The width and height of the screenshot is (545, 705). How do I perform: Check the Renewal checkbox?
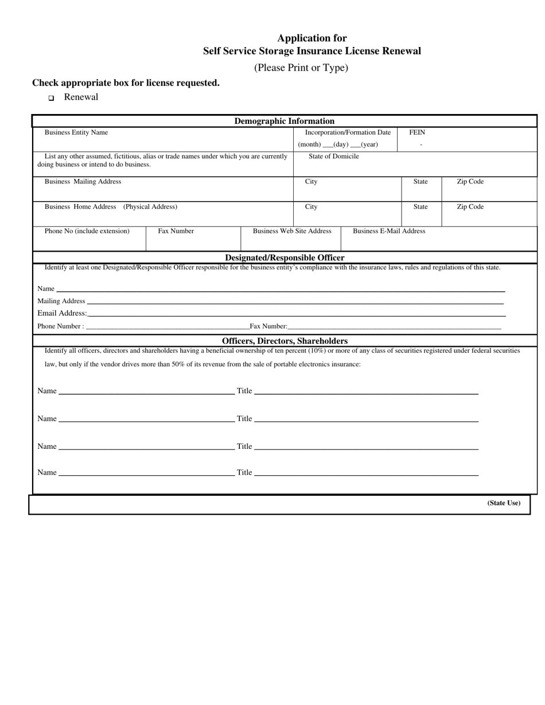[x=51, y=98]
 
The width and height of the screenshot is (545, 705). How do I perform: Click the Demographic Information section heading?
[x=284, y=121]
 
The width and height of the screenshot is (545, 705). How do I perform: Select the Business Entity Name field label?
[x=76, y=132]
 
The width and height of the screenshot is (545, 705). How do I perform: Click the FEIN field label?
[x=417, y=132]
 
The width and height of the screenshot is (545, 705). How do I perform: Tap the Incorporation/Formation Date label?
[x=347, y=132]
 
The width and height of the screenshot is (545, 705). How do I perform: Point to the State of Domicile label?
[x=333, y=156]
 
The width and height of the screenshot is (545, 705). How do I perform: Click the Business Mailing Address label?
[x=83, y=182]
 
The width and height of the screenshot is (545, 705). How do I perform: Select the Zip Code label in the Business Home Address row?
[x=470, y=207]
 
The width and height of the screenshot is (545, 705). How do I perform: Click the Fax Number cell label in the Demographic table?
[x=176, y=231]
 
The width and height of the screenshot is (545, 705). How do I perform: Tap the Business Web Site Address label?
[x=292, y=231]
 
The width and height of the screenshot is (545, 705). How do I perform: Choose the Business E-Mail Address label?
[x=389, y=231]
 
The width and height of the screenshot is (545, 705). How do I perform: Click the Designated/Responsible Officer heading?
[x=285, y=257]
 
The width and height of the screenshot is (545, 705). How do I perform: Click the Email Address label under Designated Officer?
[x=62, y=313]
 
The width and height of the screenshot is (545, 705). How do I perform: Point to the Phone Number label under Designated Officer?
[x=60, y=326]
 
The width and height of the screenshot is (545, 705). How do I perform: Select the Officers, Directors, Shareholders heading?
[x=285, y=340]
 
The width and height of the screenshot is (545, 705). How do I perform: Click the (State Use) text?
[x=504, y=503]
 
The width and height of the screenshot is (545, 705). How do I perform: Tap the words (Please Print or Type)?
[x=301, y=68]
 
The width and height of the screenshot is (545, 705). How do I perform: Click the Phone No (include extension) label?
[x=87, y=231]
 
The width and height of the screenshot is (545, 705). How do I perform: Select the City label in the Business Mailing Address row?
[x=311, y=182]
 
